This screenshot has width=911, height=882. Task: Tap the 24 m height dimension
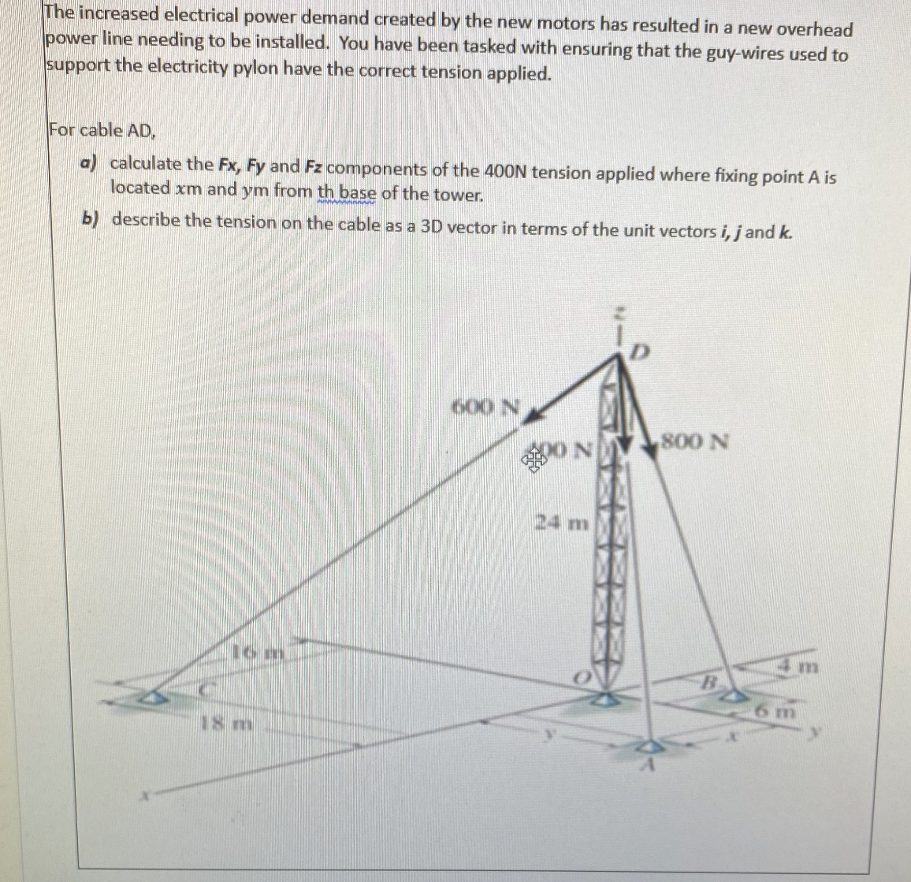click(562, 522)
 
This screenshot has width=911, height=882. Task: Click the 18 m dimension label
click(229, 723)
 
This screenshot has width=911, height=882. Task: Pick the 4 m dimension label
click(798, 668)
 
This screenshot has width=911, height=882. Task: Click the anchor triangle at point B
click(734, 696)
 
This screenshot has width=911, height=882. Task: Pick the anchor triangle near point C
click(154, 698)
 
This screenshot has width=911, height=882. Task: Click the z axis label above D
click(620, 313)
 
